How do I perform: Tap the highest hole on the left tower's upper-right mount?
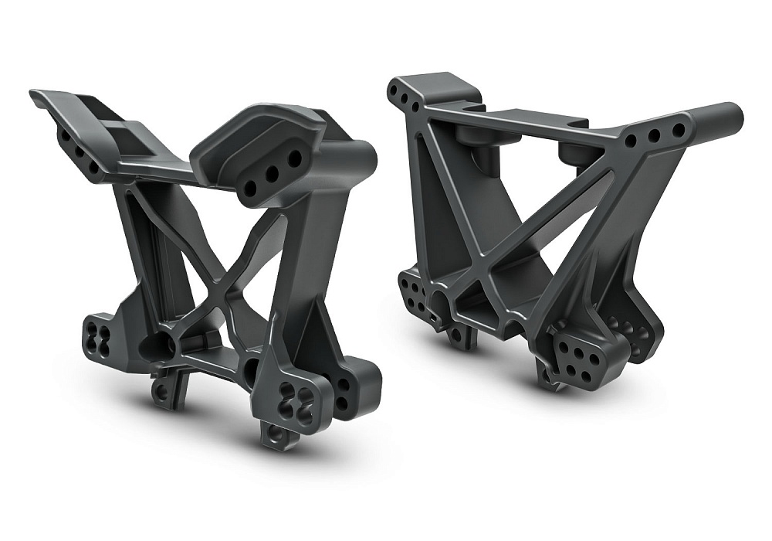pyautogui.click(x=294, y=159)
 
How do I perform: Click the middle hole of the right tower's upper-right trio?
pyautogui.click(x=654, y=137)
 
